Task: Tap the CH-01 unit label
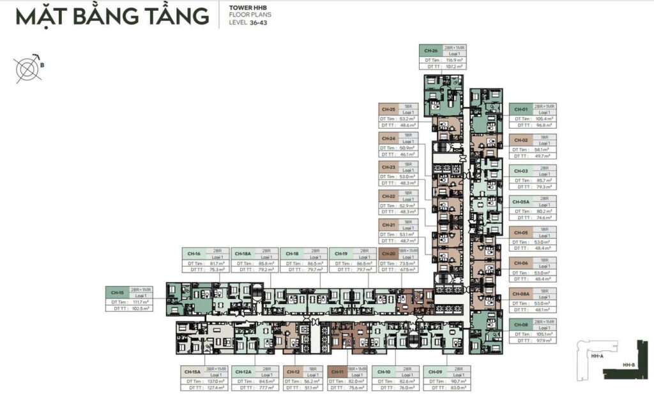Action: point(521,109)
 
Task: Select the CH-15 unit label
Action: point(118,293)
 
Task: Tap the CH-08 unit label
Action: point(521,324)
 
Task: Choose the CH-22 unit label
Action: point(388,196)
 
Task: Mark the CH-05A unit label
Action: point(521,201)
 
